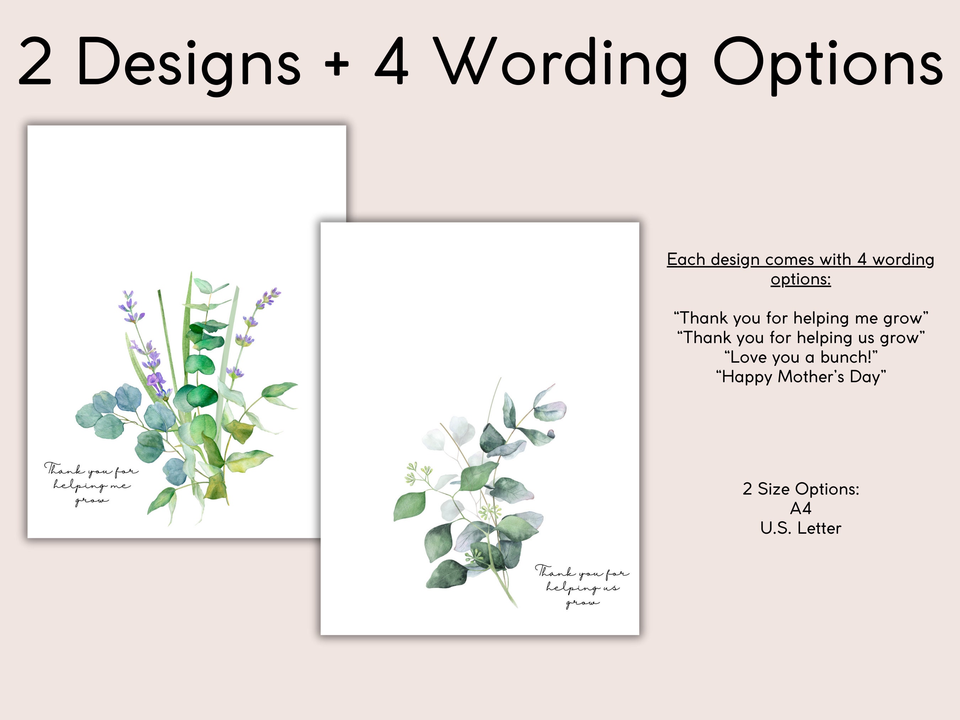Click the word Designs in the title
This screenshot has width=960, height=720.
click(188, 63)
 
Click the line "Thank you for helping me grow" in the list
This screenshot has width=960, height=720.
click(801, 318)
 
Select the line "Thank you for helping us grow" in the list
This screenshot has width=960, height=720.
click(801, 338)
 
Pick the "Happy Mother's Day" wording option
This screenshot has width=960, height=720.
click(801, 377)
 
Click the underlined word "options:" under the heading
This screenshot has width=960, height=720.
click(801, 279)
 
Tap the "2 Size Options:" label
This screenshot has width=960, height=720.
click(801, 489)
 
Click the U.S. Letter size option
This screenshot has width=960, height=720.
click(801, 528)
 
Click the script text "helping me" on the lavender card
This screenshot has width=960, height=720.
click(92, 486)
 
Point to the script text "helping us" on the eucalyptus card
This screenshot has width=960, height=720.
click(583, 588)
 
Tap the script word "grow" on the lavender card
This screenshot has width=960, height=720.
click(92, 501)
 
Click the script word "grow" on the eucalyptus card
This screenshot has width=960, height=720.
click(583, 603)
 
